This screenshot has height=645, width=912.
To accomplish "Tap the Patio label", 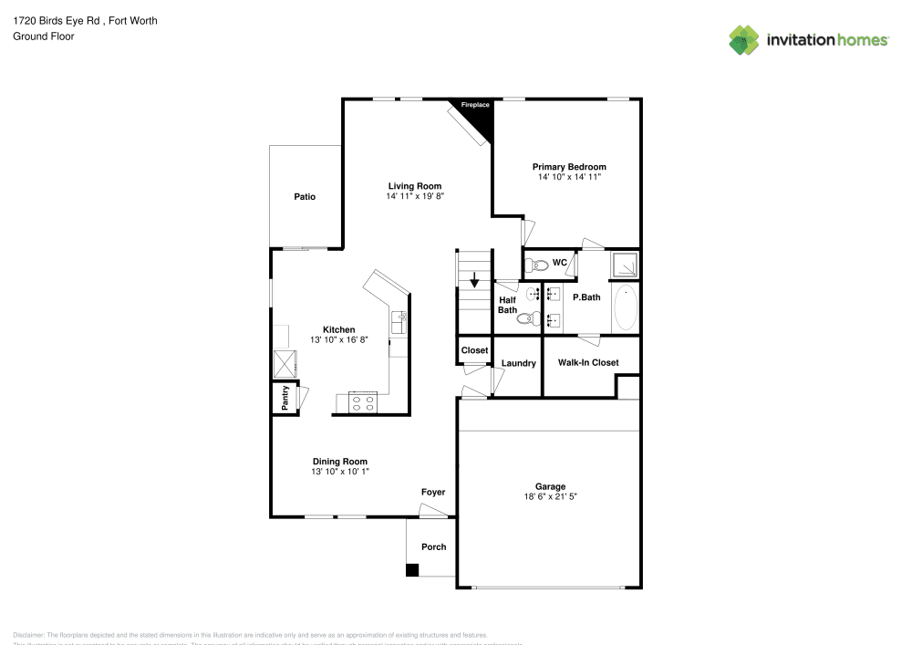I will (305, 197).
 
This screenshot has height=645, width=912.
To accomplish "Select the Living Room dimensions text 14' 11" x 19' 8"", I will (415, 196).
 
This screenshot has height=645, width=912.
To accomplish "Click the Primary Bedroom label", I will (569, 167).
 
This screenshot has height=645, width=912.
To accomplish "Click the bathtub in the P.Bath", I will (626, 308).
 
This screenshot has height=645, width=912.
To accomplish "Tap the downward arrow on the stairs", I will (473, 279).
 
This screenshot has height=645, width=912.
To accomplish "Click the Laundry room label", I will (518, 363).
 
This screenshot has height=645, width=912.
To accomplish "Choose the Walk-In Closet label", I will (588, 362).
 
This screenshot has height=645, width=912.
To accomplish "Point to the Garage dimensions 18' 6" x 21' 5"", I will (551, 497).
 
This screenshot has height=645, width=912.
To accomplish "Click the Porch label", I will (434, 546).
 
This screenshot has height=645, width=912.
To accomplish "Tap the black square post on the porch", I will (412, 570).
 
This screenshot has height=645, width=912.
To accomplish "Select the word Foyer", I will (433, 493).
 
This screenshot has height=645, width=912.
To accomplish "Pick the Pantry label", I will (285, 398).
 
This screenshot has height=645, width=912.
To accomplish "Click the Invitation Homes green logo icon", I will (744, 40).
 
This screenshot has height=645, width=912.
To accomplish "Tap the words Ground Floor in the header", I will (44, 36).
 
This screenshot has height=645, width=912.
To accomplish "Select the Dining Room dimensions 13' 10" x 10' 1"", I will (339, 473).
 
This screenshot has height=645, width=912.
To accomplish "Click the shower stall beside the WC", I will (625, 265).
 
